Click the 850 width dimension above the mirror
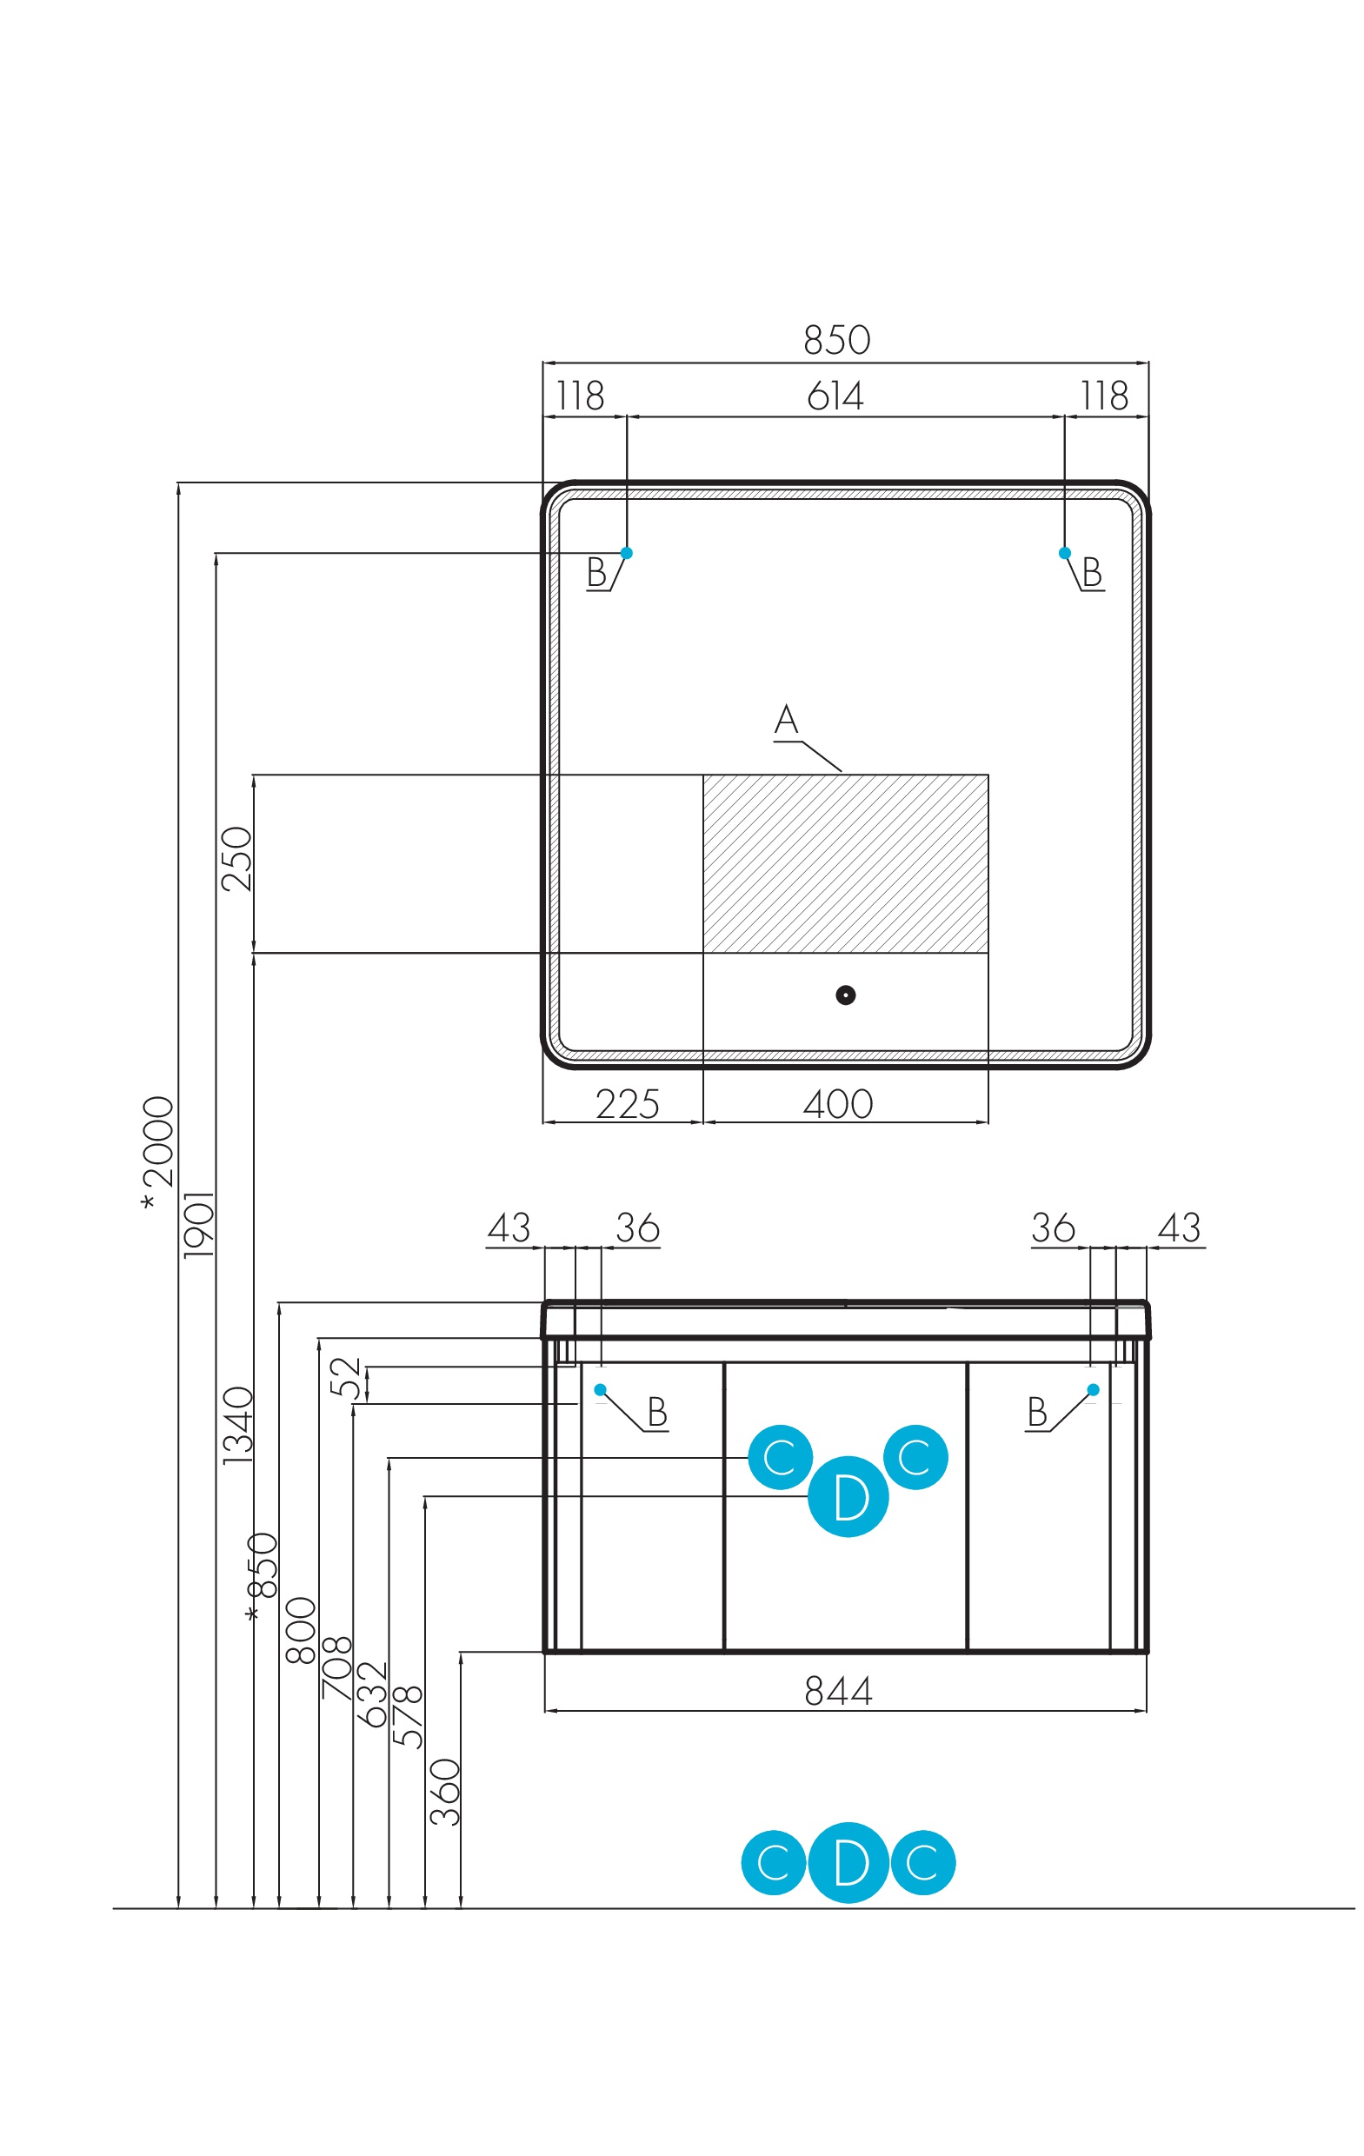coord(835,340)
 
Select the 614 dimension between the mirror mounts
coord(835,396)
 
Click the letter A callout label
coord(785,720)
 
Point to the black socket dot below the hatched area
coord(844,995)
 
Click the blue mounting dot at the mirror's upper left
coord(626,553)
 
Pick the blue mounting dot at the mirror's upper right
coord(1064,553)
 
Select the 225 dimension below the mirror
coord(627,1104)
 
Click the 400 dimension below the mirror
coord(837,1104)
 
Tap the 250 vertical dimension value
coord(237,859)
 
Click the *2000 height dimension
coord(157,1155)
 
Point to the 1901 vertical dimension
coord(198,1225)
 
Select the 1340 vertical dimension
coord(237,1426)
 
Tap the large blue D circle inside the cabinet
coord(848,1496)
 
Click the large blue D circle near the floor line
coord(848,1862)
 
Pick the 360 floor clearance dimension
coord(445,1792)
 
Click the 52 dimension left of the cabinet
coord(346,1378)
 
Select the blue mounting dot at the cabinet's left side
coord(600,1389)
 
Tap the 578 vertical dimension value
coord(408,1715)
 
